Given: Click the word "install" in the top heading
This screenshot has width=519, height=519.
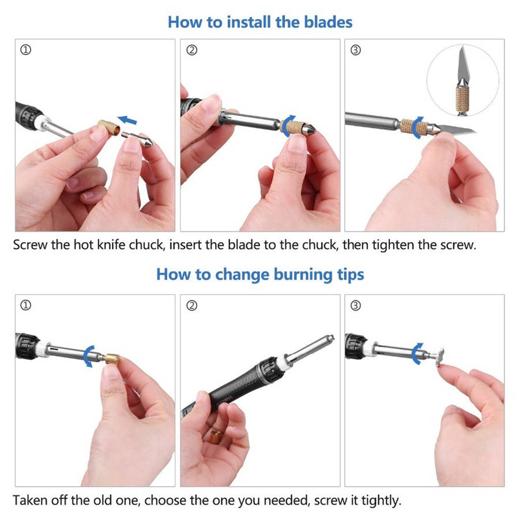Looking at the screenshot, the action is coord(249,22).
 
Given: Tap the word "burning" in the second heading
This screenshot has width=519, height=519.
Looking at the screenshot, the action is coord(303,275).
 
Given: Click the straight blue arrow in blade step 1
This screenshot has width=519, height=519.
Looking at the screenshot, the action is coord(127,120).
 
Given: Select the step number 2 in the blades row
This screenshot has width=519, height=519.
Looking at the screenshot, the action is coord(191,50).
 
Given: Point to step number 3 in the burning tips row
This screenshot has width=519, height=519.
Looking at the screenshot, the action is coord(355,305).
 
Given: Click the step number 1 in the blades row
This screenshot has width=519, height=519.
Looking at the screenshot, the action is coord(25,50).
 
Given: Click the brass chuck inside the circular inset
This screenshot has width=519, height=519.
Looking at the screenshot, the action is coord(462,99).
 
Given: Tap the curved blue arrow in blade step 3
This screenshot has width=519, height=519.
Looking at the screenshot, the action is coord(418,127).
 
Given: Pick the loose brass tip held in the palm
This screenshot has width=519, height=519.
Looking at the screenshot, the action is coord(216,437).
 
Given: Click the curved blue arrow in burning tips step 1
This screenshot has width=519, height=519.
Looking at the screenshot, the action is coord(88,356).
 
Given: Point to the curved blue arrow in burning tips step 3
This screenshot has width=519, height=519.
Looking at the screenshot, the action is coord(417,353).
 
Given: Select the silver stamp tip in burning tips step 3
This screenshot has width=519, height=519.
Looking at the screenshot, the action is coord(439,357).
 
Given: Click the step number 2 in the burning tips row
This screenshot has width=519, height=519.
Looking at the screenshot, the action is coord(191,305).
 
